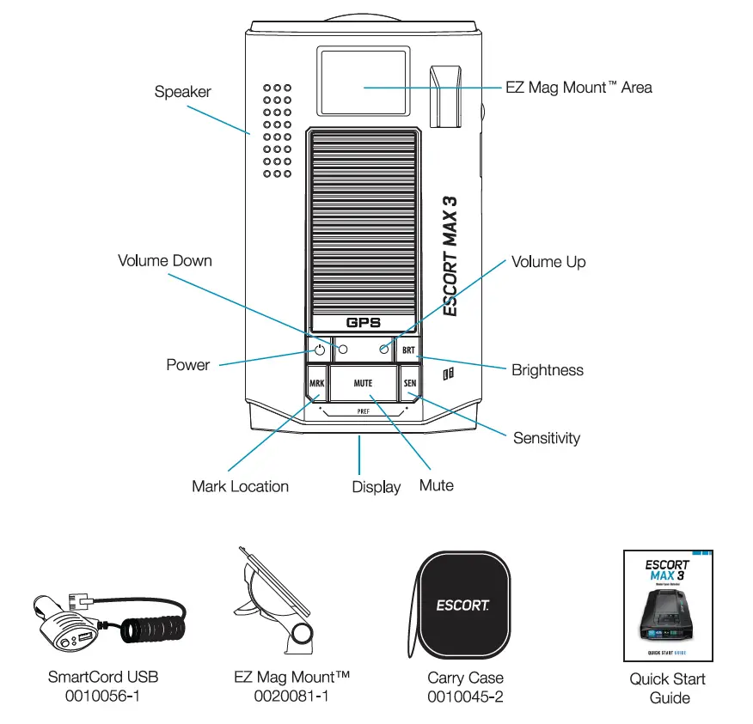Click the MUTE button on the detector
point(363,382)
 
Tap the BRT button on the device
point(408,350)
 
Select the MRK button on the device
point(316,382)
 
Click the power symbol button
point(319,350)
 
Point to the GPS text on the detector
point(363,323)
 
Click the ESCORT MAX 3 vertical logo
point(450,256)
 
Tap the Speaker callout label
point(182,91)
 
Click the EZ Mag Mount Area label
point(578,87)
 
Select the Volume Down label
point(164,260)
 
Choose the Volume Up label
point(548,262)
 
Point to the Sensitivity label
point(547,438)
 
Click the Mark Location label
point(240,487)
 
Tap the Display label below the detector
point(376,487)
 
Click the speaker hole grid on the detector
point(277,131)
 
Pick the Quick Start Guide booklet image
point(668,605)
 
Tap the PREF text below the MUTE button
point(363,411)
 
